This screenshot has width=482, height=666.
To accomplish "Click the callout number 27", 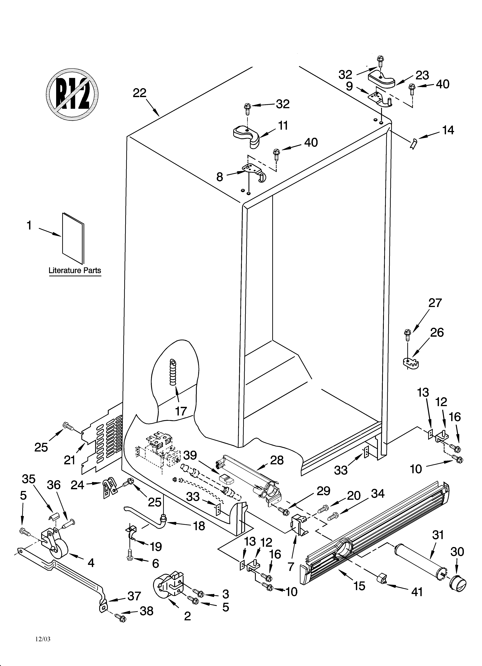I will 435,303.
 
